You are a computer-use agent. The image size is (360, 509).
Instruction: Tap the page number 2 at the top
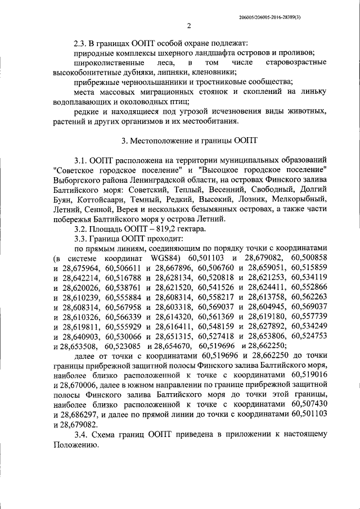189,25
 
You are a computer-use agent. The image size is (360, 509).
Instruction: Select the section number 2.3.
82,43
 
